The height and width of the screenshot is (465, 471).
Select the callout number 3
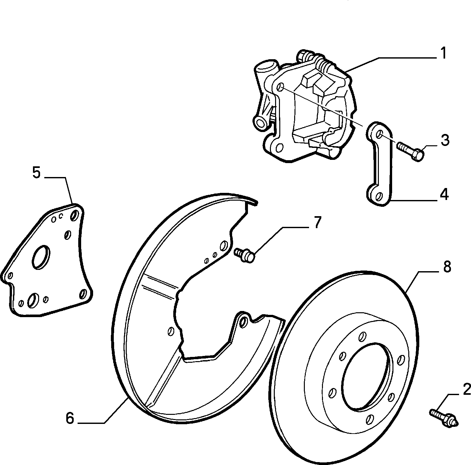tap(445, 140)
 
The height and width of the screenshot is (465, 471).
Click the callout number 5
tap(36, 173)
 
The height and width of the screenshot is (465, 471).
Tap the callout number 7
tap(316, 222)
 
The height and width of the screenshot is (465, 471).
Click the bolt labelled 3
tap(411, 151)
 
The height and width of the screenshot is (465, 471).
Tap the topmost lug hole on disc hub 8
tap(363, 336)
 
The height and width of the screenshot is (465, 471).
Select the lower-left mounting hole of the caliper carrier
tap(279, 148)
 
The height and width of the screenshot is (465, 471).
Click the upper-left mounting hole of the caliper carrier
tap(281, 87)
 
